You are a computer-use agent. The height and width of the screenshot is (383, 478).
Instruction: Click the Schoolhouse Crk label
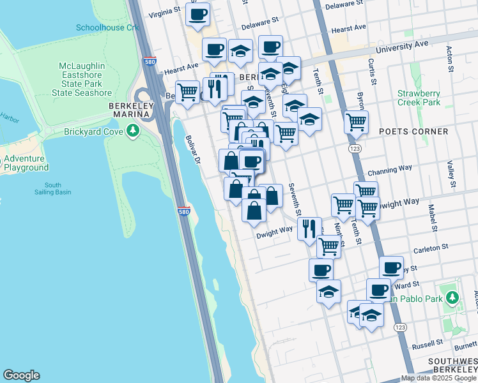click(x=107, y=27)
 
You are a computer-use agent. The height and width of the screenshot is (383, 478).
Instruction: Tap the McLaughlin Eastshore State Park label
click(x=85, y=79)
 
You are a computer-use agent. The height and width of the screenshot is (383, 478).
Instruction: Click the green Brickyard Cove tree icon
click(x=133, y=131)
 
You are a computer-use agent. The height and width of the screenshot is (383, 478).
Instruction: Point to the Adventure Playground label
click(x=26, y=163)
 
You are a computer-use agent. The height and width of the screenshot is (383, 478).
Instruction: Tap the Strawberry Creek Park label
click(x=419, y=97)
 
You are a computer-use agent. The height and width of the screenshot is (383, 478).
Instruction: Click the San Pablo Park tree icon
click(x=452, y=297)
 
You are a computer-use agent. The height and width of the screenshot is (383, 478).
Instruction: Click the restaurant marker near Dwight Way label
click(x=309, y=227)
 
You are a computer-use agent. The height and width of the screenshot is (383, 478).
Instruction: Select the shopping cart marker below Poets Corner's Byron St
click(x=356, y=121)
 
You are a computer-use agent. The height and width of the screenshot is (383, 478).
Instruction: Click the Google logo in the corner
click(x=21, y=375)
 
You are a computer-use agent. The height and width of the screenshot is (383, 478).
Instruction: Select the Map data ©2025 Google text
click(x=439, y=378)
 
